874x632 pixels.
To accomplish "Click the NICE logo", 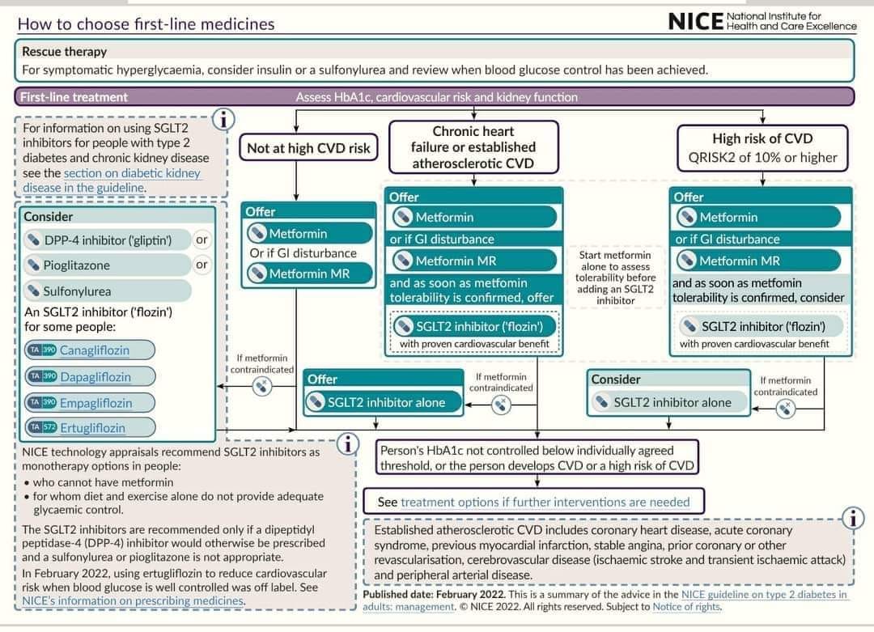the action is coord(762,21).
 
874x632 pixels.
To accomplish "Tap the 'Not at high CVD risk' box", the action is coord(308,148).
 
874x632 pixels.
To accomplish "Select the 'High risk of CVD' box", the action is coord(762,148).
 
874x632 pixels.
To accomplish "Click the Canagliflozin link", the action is coord(94,350).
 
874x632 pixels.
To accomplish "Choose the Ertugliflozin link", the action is coord(92,428).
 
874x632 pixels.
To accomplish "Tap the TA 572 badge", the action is coord(43,427).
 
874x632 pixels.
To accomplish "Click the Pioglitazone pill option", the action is coord(107,265).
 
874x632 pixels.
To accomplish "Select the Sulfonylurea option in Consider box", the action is coord(107,291).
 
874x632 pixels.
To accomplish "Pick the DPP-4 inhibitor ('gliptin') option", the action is coord(107,240).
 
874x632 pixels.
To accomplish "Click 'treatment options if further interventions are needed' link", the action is coord(545,503).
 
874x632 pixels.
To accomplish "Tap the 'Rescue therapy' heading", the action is coord(64,52).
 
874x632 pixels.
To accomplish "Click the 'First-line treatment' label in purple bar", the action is coord(74,97).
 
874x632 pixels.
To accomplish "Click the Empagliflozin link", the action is coord(95,403).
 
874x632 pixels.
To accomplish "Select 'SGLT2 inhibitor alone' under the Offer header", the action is coord(384,402).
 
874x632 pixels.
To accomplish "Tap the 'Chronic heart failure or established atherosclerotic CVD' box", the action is coord(473,147).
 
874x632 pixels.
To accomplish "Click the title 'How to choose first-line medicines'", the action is coord(146,24).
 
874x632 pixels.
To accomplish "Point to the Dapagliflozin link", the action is coord(95,377).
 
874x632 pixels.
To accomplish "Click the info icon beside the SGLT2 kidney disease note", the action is coord(223,119).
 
